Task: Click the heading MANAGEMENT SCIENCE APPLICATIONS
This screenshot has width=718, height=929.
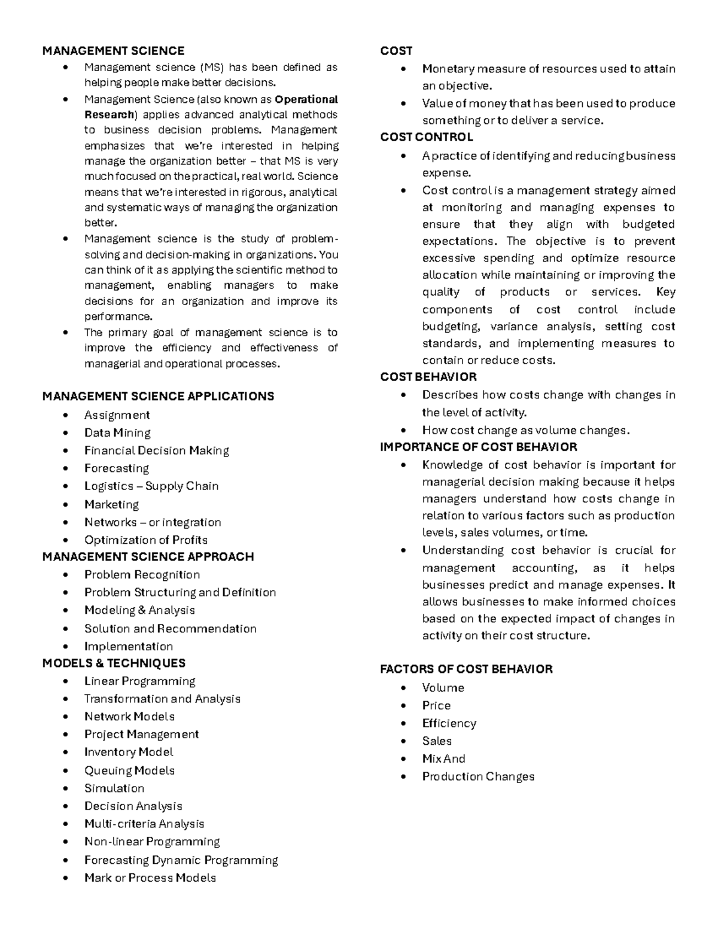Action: [x=158, y=396]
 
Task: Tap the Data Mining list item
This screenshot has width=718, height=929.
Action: [x=117, y=432]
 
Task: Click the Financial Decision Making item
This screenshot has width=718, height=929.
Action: [x=157, y=450]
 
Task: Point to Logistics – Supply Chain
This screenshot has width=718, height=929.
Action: [x=151, y=486]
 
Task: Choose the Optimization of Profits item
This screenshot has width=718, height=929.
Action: [x=146, y=540]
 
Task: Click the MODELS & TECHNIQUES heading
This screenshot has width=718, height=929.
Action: [x=114, y=663]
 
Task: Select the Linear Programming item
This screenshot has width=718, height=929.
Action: [x=139, y=681]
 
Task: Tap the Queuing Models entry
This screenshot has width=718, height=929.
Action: [x=129, y=770]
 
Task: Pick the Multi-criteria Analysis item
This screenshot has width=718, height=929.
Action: [x=144, y=824]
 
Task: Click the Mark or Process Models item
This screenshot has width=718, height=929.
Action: [x=150, y=878]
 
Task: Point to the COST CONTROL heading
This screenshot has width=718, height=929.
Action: [x=427, y=137]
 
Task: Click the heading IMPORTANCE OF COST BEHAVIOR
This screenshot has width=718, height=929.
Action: [x=479, y=447]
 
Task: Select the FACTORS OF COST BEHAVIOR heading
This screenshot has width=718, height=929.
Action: [x=466, y=669]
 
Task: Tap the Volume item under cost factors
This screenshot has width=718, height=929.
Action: [x=443, y=687]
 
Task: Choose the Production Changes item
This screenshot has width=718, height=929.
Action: [x=478, y=776]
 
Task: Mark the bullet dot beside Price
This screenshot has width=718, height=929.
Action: [x=405, y=706]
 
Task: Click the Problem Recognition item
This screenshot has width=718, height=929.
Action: [x=142, y=574]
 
